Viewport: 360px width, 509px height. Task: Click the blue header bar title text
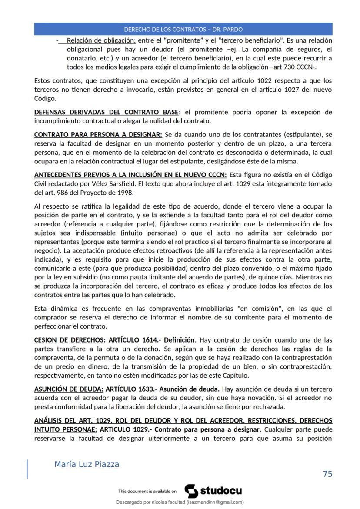tap(183, 30)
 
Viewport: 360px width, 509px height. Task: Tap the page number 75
tap(327, 473)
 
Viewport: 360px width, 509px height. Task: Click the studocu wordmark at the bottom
tap(221, 491)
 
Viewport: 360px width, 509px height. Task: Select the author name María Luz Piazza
tap(87, 464)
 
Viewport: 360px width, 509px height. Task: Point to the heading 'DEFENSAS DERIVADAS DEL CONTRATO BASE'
tap(106, 112)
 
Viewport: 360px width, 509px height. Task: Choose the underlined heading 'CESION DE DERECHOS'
tap(69, 340)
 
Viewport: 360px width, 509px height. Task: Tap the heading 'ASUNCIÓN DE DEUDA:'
tap(69, 389)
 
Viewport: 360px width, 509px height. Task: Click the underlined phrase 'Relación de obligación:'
tap(101, 40)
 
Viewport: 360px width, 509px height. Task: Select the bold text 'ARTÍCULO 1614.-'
tap(134, 340)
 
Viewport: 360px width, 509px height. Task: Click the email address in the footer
tap(215, 502)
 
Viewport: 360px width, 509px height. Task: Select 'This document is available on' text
tap(147, 492)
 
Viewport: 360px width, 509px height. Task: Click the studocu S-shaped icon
tap(191, 491)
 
